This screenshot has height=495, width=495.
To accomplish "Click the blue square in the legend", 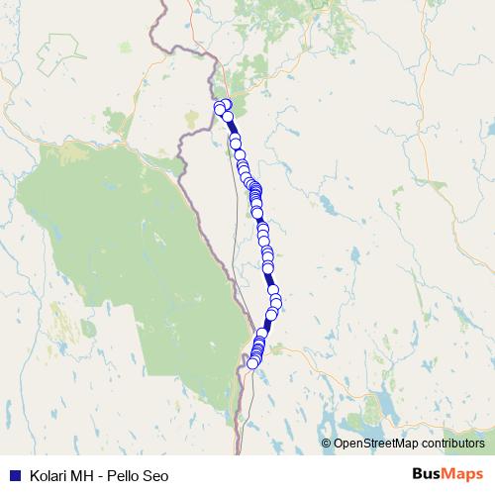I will tap(15, 474).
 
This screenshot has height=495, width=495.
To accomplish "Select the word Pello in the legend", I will tap(128, 474).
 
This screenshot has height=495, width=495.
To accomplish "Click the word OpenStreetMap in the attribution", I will tap(375, 443).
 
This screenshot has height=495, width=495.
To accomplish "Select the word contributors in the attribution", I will tap(451, 443).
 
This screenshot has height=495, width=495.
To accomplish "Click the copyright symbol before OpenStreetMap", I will tap(327, 443).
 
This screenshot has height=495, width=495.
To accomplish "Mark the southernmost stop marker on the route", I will tap(252, 363).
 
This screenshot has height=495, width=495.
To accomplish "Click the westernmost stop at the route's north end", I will tap(219, 108).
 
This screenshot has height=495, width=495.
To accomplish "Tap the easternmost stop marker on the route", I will tap(275, 301).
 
